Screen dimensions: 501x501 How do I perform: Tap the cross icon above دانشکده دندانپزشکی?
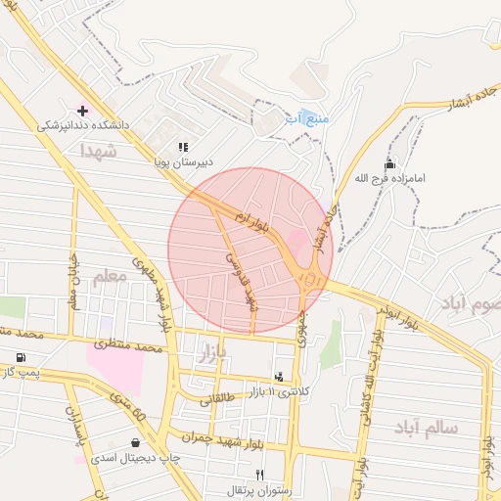[x=82, y=110]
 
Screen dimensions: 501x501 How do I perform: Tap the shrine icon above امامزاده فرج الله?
[x=390, y=163]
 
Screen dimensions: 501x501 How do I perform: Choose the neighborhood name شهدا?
[x=100, y=151]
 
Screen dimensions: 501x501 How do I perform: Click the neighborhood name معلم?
[x=110, y=278]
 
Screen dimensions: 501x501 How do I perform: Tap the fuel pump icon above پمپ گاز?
[x=21, y=357]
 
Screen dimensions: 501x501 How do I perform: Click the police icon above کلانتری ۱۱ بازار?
[x=280, y=377]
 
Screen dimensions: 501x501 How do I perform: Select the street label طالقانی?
[x=217, y=399]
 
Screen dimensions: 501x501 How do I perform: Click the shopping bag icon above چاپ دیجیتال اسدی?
[x=134, y=442]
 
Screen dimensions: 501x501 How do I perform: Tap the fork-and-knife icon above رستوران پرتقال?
[x=259, y=474]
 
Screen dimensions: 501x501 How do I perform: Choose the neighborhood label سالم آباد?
[x=428, y=428]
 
